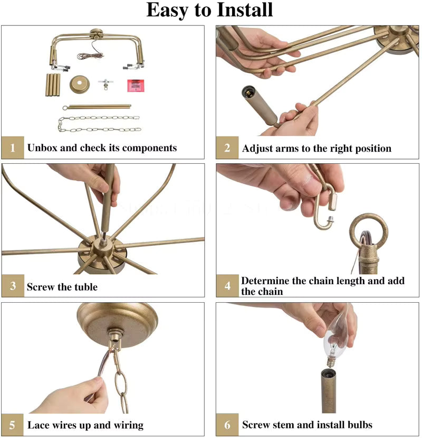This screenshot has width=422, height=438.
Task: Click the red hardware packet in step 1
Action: (x=136, y=86)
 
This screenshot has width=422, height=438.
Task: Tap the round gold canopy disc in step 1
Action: (x=80, y=84)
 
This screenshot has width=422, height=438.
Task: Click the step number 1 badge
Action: (x=13, y=147)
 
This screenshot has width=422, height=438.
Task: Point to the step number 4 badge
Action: (x=227, y=285)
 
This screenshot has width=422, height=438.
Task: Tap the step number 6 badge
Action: (x=227, y=425)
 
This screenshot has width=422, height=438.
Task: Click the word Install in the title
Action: (x=245, y=10)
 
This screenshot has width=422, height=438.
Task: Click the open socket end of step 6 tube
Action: (x=331, y=372)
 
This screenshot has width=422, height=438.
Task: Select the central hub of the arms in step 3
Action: (x=103, y=246)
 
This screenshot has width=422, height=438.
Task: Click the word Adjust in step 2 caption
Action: (x=256, y=148)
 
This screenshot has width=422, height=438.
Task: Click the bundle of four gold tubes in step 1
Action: (x=53, y=85)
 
